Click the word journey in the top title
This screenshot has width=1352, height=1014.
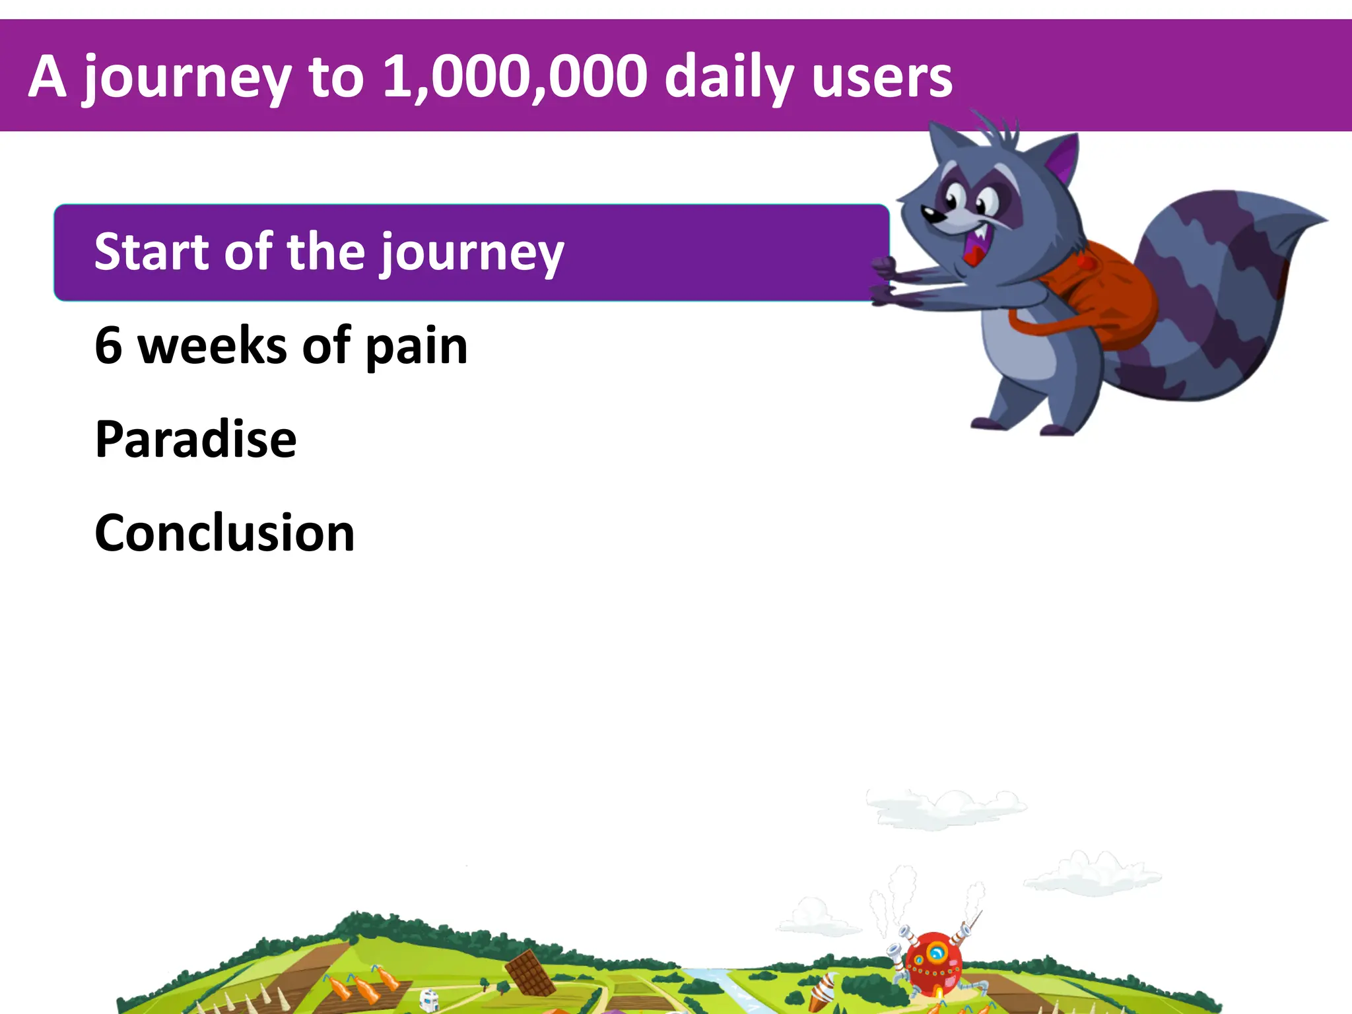coord(187,79)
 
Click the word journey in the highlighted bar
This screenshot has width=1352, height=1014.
coord(471,254)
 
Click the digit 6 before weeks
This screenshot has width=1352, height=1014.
coord(109,345)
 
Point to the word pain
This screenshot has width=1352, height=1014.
coord(416,348)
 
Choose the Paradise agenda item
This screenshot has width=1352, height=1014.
coord(195,439)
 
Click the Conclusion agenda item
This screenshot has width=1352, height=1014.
coord(224,533)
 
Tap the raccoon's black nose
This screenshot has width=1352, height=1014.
coord(929,213)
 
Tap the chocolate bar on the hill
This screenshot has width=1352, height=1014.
coord(530,972)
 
